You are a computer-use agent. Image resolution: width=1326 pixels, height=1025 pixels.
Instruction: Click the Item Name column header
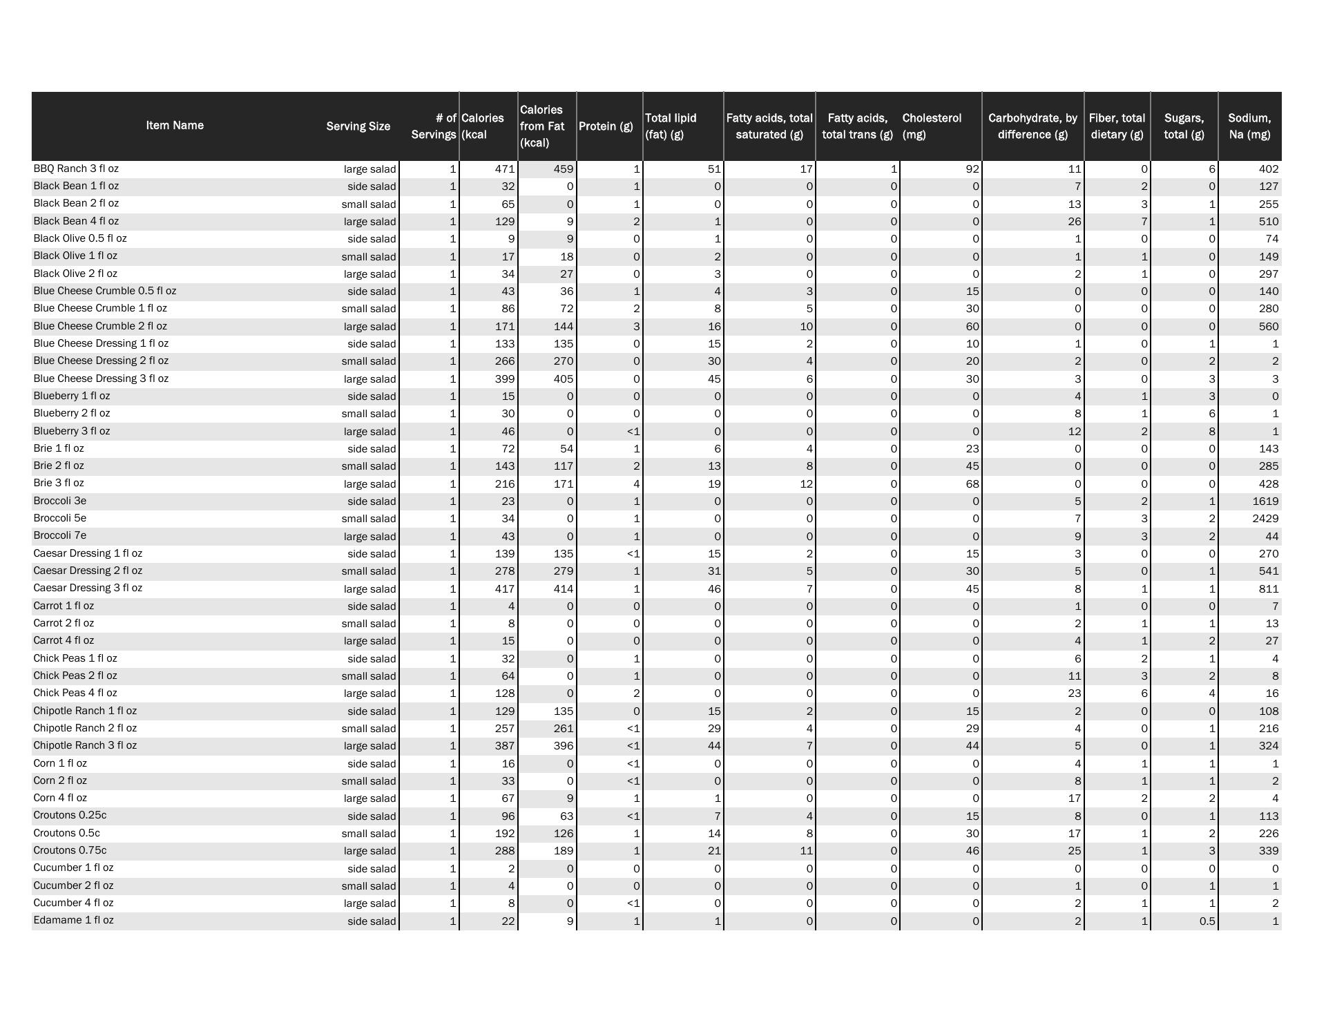[x=175, y=125]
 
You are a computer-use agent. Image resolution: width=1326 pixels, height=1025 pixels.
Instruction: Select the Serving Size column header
[x=358, y=126]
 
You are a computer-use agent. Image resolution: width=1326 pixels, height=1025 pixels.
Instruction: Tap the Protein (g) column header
[x=606, y=126]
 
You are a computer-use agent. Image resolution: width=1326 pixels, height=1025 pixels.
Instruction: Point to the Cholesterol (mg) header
[x=932, y=126]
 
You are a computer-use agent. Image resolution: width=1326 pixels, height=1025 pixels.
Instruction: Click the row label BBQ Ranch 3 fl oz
[x=76, y=169]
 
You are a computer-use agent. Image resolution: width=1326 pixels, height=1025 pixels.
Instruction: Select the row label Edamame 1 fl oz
[x=73, y=920]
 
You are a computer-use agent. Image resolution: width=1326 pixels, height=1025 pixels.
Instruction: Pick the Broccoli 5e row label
[x=59, y=518]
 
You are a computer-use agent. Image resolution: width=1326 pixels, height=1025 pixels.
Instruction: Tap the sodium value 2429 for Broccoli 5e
[x=1265, y=519]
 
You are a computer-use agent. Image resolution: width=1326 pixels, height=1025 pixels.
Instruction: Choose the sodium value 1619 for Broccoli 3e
[x=1265, y=501]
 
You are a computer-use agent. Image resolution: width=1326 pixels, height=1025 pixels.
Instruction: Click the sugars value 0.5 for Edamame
[x=1207, y=921]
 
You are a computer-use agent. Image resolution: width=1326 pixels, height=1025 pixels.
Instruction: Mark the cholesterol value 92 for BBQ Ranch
[x=972, y=169]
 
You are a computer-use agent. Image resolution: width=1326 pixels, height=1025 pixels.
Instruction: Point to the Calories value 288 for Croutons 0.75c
[x=505, y=851]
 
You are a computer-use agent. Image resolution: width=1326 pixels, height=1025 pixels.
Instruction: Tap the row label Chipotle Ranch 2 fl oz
[x=85, y=728]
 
